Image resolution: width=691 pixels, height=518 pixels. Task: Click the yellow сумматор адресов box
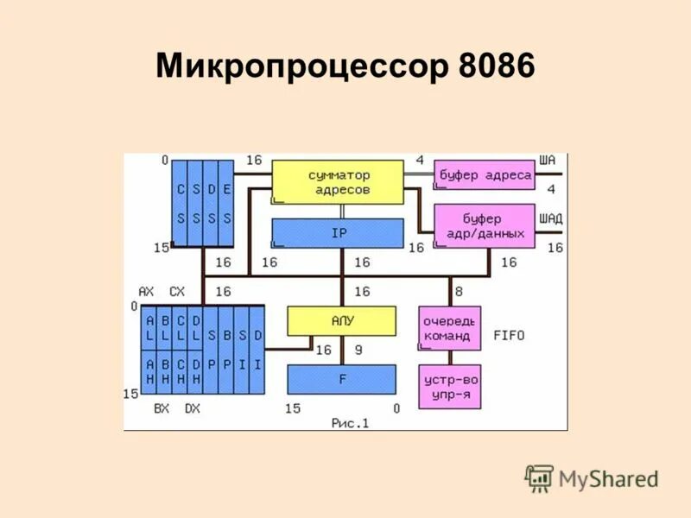[x=338, y=182]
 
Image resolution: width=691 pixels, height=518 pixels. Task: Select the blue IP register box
[x=338, y=233]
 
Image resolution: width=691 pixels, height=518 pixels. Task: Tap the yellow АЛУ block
[x=341, y=321]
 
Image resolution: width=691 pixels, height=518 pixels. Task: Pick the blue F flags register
[x=341, y=379]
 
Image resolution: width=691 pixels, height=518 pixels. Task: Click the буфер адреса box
[x=484, y=175]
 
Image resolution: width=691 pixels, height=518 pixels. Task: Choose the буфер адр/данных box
[x=484, y=225]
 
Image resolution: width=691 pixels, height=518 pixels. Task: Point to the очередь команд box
[x=449, y=328]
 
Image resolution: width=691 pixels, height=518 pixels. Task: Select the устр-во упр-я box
[x=449, y=387]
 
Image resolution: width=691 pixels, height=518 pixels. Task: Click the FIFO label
[x=510, y=334]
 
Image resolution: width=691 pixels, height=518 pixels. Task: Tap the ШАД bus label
[x=550, y=218]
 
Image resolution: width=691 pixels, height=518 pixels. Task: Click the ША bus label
[x=547, y=160]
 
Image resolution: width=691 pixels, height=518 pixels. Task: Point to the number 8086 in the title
[x=492, y=66]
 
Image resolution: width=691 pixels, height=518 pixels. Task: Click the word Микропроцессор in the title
[x=297, y=66]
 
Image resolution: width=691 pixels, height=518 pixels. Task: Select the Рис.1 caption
[x=349, y=422]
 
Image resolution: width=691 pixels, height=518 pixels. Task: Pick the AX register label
[x=145, y=291]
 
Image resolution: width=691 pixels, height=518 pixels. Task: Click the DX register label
[x=192, y=407]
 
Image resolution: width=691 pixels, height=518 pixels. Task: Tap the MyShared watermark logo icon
[x=539, y=478]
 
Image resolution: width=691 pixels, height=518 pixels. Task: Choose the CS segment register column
[x=181, y=204]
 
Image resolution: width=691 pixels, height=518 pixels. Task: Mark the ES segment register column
[x=227, y=204]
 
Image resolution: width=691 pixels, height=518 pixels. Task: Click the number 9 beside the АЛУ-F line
[x=358, y=350]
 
